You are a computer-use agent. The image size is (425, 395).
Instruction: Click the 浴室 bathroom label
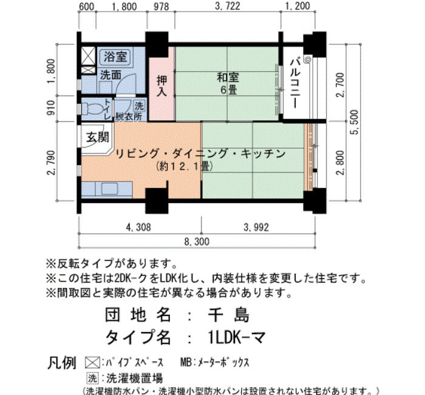coord(115,57)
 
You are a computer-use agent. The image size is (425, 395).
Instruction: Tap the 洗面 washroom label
coord(110,75)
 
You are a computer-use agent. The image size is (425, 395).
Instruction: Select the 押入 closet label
coord(162,86)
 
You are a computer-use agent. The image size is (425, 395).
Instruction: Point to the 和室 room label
coord(228,78)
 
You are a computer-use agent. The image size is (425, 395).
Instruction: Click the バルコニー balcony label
coord(296,83)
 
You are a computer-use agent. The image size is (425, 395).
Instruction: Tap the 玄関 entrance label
coord(98,137)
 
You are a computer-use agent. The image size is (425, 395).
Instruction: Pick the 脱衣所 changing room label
coord(129,117)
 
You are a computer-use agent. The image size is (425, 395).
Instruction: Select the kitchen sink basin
coord(109,188)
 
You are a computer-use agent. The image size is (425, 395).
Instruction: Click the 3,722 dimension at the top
coord(228,6)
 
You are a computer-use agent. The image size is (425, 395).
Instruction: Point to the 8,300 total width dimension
coord(197,241)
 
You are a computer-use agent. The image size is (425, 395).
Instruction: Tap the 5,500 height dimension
coord(354,122)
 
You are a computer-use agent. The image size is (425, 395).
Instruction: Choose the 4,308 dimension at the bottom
coord(138,227)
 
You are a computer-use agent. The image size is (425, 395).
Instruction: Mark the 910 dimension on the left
coord(50,108)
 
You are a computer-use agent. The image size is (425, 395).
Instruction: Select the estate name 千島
coord(228,315)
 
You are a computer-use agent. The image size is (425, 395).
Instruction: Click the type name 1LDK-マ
coord(236,338)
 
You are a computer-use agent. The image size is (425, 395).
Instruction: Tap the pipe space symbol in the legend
coord(92,362)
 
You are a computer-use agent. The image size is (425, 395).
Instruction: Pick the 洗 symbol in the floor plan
coord(139,106)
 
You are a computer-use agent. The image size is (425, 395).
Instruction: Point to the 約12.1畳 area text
coord(184,167)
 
